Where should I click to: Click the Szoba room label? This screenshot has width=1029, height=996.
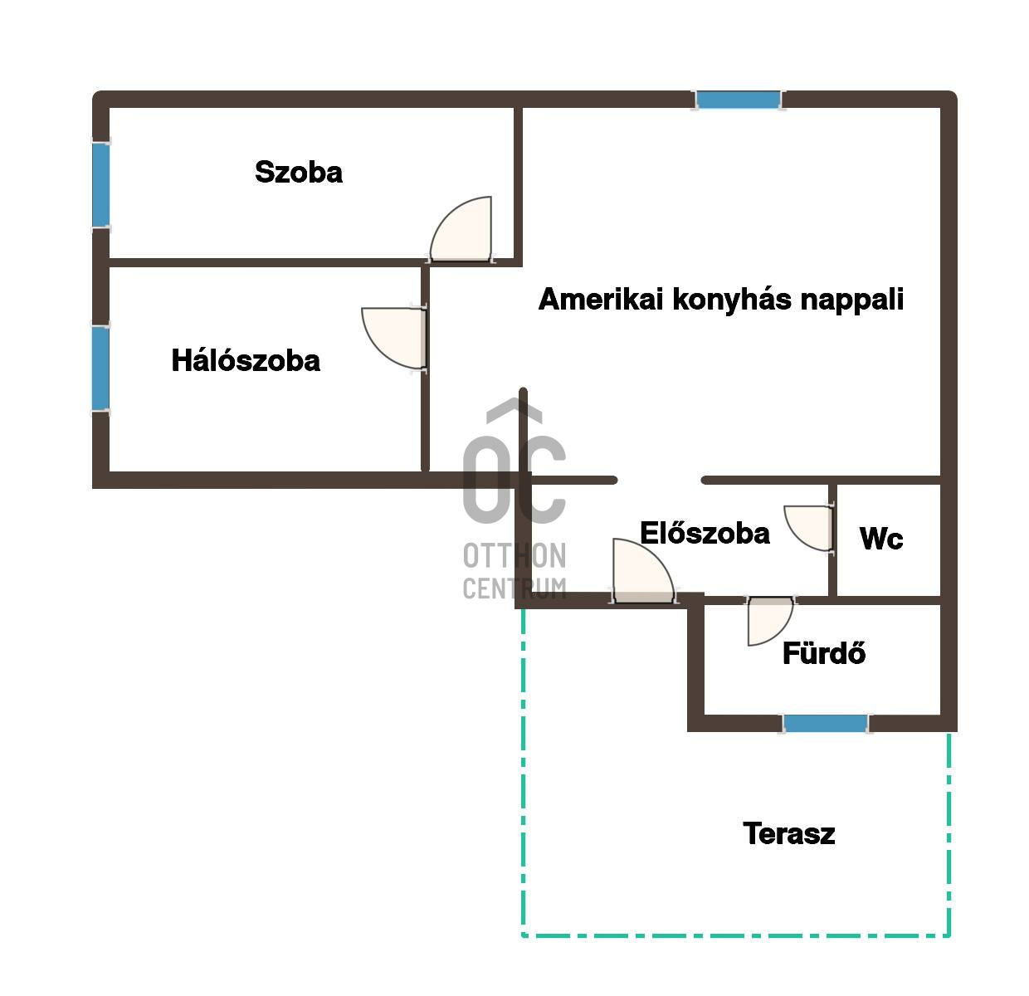298,172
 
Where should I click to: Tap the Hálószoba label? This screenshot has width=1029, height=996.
246,361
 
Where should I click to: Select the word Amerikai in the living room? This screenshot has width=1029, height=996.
601,299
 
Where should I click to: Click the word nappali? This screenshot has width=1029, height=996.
852,300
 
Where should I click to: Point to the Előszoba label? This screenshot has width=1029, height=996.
705,533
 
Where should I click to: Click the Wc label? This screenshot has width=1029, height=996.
881,539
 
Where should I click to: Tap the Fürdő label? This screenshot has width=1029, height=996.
824,652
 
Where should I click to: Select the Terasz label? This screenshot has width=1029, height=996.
789,833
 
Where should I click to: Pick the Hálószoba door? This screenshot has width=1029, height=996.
394,338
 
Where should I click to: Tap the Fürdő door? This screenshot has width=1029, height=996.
770,621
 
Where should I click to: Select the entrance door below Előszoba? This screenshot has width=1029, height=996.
643,570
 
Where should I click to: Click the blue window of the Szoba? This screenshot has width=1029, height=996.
101,185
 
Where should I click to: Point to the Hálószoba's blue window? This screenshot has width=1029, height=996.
101,369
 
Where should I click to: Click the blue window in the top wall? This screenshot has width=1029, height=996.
739,100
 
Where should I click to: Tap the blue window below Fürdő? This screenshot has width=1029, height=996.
825,723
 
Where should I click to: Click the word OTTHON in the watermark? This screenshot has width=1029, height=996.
514,556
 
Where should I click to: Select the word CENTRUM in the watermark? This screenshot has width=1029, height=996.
514,588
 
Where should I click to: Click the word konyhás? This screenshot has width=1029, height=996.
732,300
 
